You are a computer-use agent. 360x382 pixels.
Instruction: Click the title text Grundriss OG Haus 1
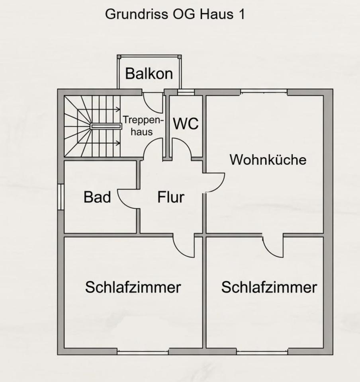pos(175,14)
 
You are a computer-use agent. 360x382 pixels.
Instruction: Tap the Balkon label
pos(149,74)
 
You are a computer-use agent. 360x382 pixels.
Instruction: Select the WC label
pos(186,124)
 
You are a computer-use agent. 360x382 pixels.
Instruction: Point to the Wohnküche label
pos(268,160)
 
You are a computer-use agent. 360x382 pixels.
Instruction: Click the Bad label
pos(97,197)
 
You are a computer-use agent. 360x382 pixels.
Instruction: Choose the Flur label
pos(171,197)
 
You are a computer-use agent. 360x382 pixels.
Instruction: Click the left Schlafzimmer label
pos(133,287)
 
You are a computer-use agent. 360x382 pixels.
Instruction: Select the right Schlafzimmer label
pos(269,287)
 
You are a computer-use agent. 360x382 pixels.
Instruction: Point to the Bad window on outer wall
pos(61,197)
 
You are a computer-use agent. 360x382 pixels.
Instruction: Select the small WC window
pos(186,92)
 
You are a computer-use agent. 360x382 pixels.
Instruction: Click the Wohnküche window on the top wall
pos(264,92)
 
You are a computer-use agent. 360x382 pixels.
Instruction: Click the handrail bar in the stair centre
pos(106,126)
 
